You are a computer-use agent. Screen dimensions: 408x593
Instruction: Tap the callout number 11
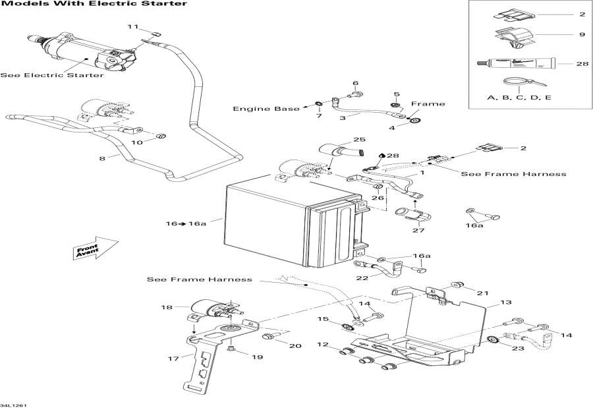pos(133,26)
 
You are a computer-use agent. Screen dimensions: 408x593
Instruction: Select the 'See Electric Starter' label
pos(52,75)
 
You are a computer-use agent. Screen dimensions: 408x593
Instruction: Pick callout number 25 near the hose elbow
pos(358,140)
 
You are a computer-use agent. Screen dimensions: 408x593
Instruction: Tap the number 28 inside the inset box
pos(582,64)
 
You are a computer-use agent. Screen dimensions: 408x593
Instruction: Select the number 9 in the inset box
pos(582,35)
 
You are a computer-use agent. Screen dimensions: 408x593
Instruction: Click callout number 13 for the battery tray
pos(505,303)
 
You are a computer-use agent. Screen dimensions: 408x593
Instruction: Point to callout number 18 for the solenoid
pos(165,308)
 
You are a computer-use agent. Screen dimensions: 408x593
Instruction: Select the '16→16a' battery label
pos(185,223)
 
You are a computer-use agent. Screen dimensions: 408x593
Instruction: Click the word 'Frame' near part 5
pos(428,103)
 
